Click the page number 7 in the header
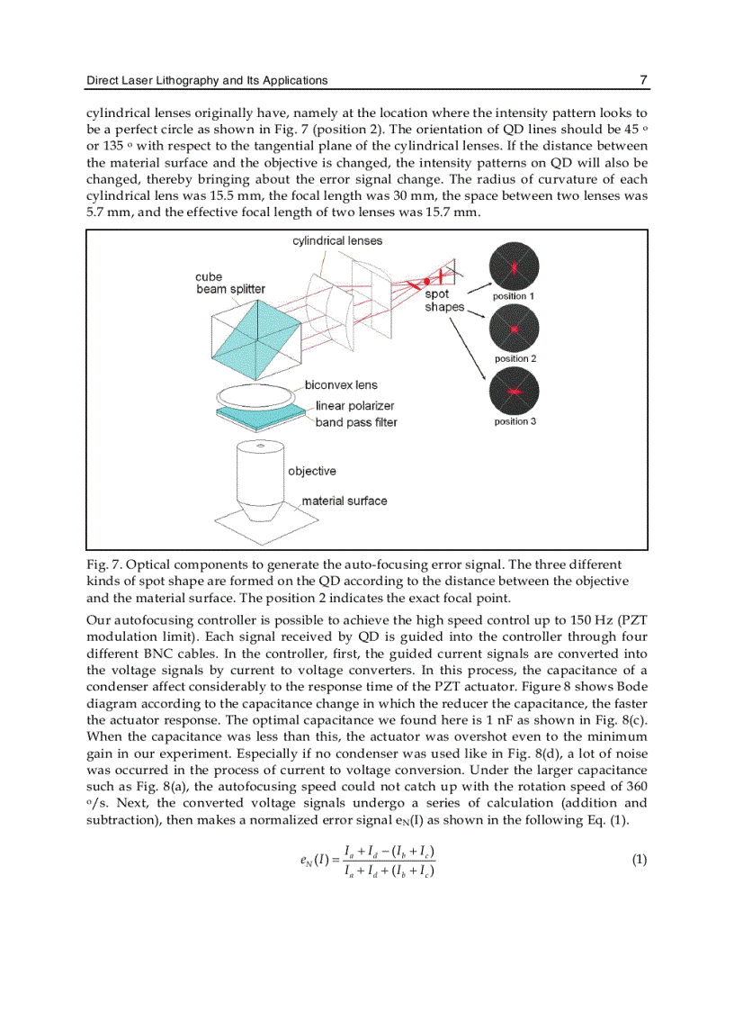pyautogui.click(x=643, y=80)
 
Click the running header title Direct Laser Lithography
pyautogui.click(x=207, y=80)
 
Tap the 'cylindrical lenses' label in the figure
pyautogui.click(x=337, y=240)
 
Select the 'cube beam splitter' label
pyautogui.click(x=230, y=283)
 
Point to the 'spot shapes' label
pyautogui.click(x=444, y=300)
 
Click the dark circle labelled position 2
pyautogui.click(x=514, y=330)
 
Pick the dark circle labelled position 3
pyautogui.click(x=514, y=393)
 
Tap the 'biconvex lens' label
pyautogui.click(x=341, y=385)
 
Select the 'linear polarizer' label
pyautogui.click(x=354, y=406)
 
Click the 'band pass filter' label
pyautogui.click(x=355, y=422)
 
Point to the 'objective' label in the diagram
pyautogui.click(x=312, y=471)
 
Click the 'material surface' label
pyautogui.click(x=344, y=501)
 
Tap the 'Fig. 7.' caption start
pyautogui.click(x=104, y=565)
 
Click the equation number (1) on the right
pyautogui.click(x=639, y=860)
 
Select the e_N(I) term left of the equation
pyautogui.click(x=314, y=861)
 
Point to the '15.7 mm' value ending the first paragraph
pyautogui.click(x=452, y=212)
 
